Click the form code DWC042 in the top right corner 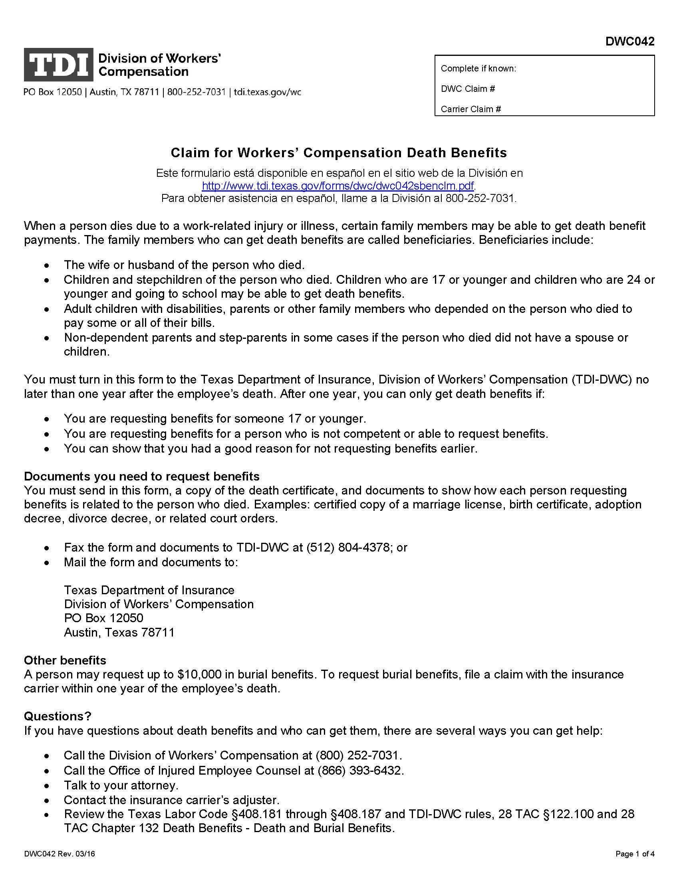630,42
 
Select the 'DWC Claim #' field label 467,89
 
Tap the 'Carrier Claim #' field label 471,109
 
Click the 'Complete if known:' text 478,69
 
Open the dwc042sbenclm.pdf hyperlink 338,186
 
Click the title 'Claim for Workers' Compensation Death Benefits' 339,153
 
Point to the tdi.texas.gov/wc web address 267,92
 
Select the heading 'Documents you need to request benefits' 142,477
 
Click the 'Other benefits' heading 65,660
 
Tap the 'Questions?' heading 58,716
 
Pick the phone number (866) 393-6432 359,770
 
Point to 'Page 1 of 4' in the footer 635,854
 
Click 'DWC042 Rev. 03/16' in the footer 59,854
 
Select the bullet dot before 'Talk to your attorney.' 48,785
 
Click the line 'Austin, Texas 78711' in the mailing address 119,633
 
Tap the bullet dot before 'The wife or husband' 48,266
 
